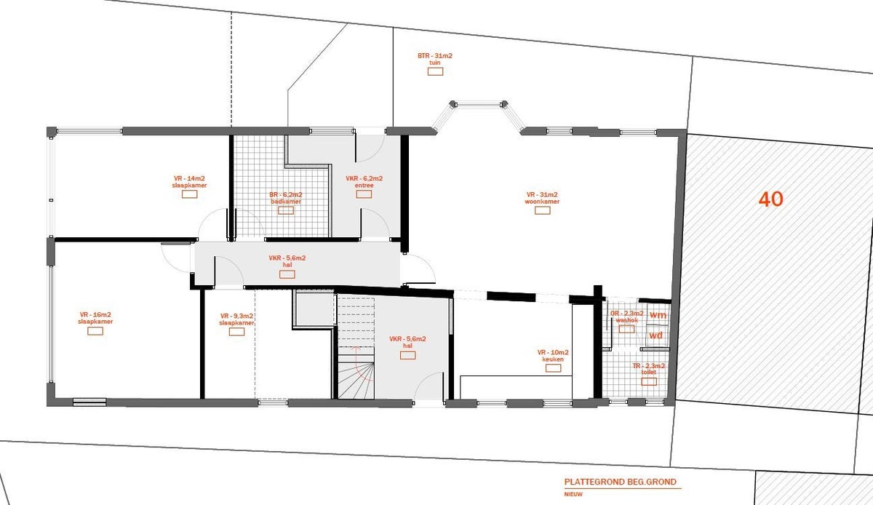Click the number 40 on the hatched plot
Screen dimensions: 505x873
pos(770,199)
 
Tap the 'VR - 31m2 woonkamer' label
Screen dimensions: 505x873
pos(541,198)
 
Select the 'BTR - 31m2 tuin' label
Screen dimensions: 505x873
pos(435,59)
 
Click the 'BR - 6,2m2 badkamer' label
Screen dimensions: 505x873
pos(285,199)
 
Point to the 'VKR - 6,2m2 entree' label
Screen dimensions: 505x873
pos(364,182)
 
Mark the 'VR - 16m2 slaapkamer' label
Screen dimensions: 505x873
pos(95,319)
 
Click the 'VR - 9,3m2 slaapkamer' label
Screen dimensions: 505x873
pos(236,319)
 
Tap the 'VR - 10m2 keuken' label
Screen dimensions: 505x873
pos(554,356)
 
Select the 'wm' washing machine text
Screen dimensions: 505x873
pos(658,315)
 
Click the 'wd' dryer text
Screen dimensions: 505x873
pos(656,335)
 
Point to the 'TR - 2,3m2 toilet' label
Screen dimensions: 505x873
pos(649,369)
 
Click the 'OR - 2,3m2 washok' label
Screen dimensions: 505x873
pos(626,317)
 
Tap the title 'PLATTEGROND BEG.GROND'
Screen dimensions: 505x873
pos(621,482)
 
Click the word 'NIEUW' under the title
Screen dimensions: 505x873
pos(573,493)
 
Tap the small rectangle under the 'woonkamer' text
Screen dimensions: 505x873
pos(541,210)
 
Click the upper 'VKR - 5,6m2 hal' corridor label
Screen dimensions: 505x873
pos(287,262)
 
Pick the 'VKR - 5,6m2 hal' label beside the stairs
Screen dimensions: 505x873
pos(407,343)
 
